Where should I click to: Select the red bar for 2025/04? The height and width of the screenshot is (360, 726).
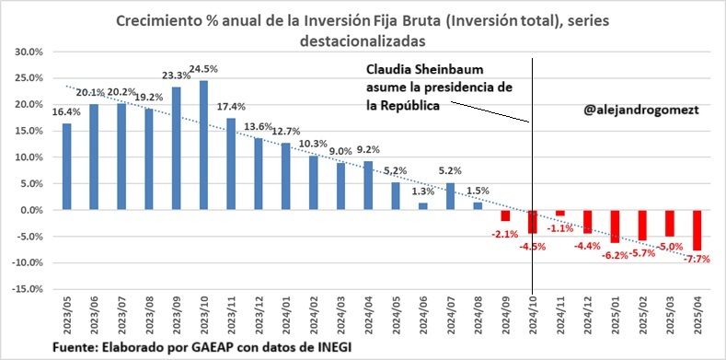point(697,230)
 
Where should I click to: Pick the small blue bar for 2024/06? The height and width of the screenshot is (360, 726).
point(423,206)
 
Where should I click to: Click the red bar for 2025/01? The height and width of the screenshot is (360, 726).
point(614,226)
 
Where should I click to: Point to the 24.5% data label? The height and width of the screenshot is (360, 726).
point(203,68)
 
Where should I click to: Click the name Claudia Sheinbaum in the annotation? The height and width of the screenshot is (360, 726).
point(422,70)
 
